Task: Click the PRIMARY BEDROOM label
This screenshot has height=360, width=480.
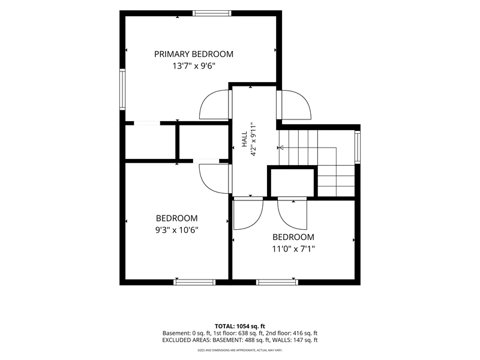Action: click(x=193, y=54)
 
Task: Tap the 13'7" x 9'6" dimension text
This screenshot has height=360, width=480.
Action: click(x=194, y=66)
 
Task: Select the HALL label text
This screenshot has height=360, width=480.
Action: click(x=244, y=139)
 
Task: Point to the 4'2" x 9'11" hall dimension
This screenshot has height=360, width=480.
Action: click(x=253, y=140)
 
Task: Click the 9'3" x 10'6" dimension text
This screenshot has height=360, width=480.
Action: click(x=176, y=230)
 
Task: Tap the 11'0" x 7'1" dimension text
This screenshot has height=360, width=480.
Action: click(x=293, y=249)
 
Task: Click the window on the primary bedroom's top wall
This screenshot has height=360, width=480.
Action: click(x=212, y=13)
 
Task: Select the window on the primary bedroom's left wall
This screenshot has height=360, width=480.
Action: click(x=122, y=89)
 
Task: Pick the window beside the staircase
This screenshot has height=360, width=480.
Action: click(x=357, y=147)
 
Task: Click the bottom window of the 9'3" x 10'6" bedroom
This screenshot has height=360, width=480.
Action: click(x=194, y=282)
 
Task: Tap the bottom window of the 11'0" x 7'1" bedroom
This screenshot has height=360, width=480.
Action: click(x=277, y=282)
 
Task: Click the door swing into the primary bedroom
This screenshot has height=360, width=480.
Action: click(x=214, y=104)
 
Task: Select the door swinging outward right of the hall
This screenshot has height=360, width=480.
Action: click(x=294, y=104)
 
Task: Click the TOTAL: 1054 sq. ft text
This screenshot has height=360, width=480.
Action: click(x=239, y=326)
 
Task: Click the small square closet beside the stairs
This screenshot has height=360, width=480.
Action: click(x=292, y=182)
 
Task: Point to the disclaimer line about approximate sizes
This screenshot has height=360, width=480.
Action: click(x=239, y=350)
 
